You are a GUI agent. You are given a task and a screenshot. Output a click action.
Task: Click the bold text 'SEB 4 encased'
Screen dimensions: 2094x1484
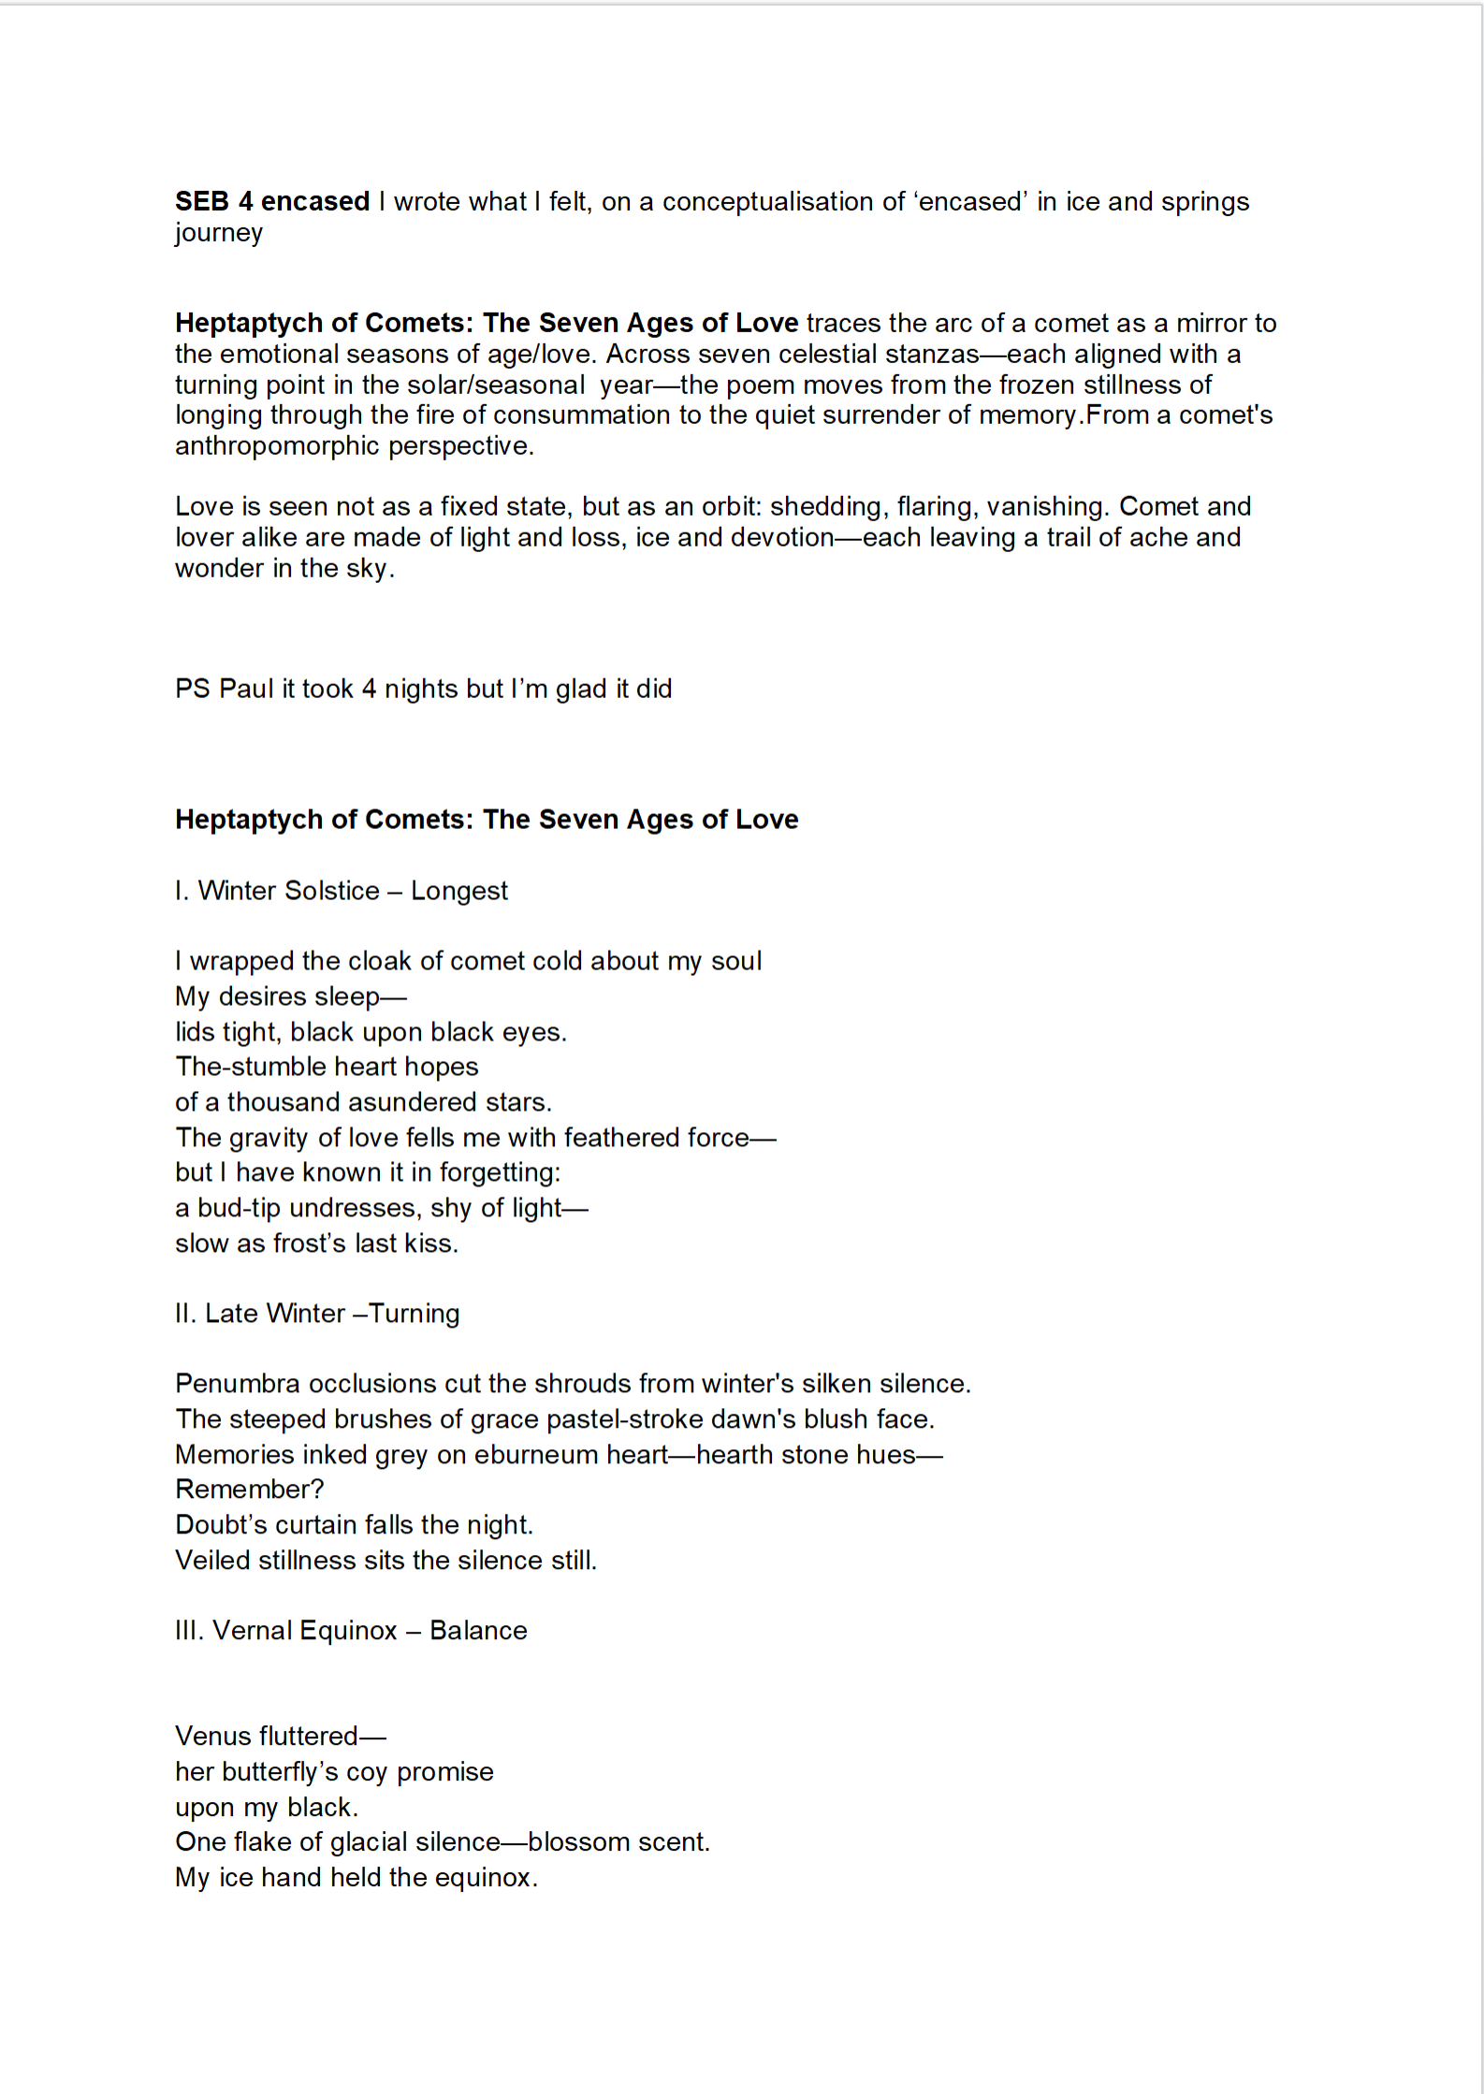tap(272, 201)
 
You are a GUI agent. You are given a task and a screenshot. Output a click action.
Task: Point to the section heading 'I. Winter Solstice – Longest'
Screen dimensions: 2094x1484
tap(342, 891)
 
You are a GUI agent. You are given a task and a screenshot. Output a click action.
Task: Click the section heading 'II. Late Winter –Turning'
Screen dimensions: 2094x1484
tap(317, 1314)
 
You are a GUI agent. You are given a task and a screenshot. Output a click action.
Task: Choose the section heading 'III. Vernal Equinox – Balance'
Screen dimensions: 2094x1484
tap(351, 1631)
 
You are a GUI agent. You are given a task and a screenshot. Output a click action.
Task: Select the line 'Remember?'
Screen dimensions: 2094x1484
tap(249, 1490)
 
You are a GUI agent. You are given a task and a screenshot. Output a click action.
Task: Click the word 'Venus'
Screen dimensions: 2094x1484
tap(212, 1737)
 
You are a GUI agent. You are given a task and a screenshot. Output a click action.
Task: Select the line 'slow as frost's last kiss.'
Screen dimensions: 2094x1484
tap(316, 1243)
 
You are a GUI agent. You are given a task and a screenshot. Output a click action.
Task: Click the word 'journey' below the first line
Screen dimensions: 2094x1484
tap(219, 232)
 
